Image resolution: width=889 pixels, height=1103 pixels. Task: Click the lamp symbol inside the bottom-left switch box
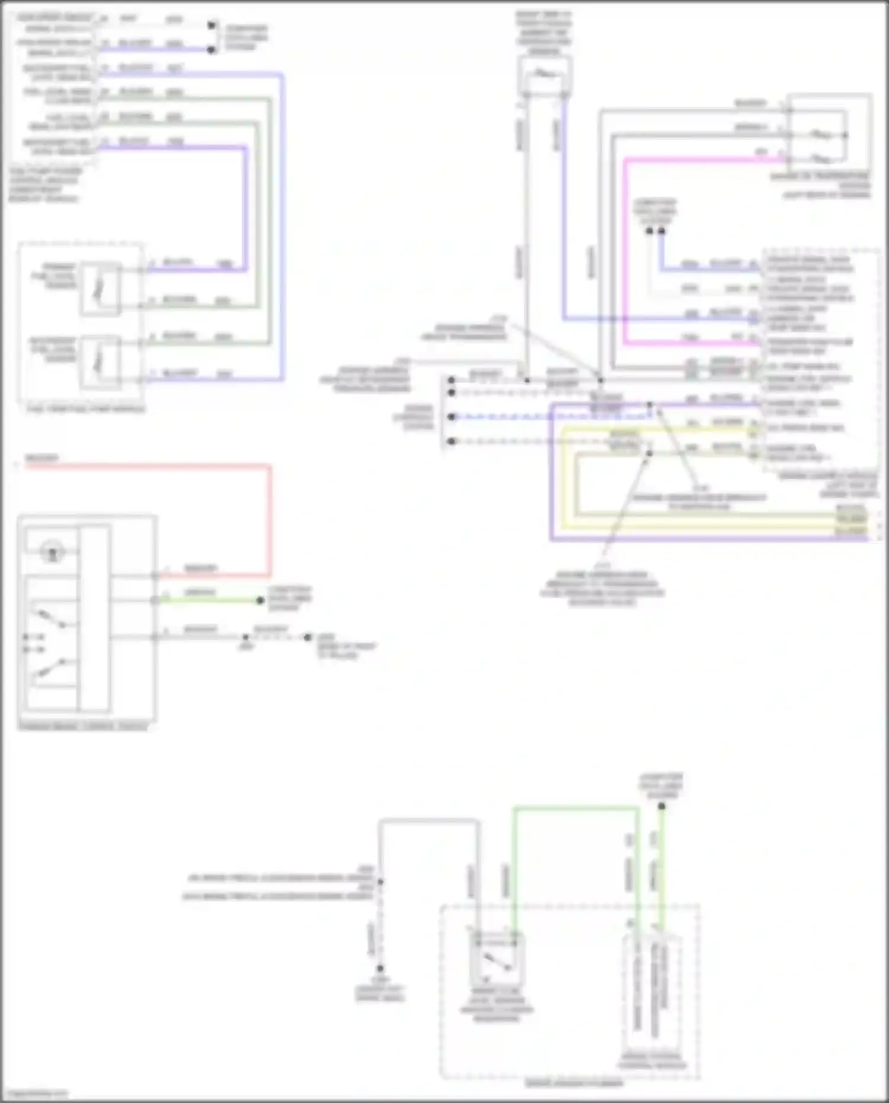tap(52, 553)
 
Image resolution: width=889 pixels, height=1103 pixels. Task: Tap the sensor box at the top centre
tap(544, 75)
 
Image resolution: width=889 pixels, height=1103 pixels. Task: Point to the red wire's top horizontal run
tap(148, 466)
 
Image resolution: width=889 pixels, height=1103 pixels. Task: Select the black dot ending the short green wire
tap(260, 600)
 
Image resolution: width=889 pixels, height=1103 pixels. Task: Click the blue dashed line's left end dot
tap(452, 417)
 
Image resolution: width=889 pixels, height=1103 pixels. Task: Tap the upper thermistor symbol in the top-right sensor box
tap(821, 135)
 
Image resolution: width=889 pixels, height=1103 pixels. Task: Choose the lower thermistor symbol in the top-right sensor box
tap(821, 159)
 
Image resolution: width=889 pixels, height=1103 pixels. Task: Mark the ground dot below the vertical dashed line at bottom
tap(380, 968)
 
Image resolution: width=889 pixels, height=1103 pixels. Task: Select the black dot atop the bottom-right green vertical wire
tap(661, 806)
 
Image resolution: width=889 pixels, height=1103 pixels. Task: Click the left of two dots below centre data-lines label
tap(649, 231)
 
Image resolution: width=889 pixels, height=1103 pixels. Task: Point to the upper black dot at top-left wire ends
tap(212, 25)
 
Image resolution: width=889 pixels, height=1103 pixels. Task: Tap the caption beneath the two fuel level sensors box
tap(86, 409)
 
